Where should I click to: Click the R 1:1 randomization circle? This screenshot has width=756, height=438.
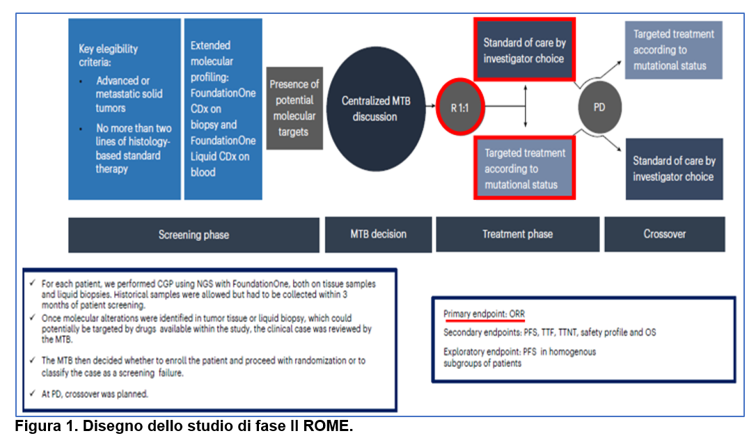tap(458, 108)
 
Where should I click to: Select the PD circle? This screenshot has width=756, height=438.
tap(599, 108)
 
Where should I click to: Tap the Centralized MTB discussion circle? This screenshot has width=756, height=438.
tap(375, 109)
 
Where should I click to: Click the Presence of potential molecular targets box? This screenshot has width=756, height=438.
tap(294, 108)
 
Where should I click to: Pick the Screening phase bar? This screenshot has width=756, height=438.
tap(194, 235)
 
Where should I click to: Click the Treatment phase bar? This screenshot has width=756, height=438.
tap(517, 235)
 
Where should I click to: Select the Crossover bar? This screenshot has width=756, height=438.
tap(664, 235)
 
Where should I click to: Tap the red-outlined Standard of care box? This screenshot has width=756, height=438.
tap(525, 50)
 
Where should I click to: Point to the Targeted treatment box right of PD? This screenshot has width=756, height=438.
tap(673, 50)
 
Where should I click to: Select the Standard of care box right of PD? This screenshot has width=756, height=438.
tap(674, 169)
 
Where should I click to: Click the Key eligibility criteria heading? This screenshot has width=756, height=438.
tap(109, 55)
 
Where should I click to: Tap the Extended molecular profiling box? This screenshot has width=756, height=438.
tap(223, 109)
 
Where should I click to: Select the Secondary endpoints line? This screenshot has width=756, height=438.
tap(549, 332)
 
